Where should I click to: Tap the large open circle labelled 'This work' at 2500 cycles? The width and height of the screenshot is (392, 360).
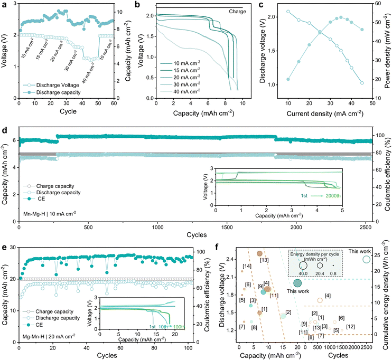pyautogui.click(x=366, y=259)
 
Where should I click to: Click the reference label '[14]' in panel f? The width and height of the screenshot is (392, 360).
pyautogui.click(x=246, y=266)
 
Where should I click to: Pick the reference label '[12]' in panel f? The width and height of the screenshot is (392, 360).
pyautogui.click(x=351, y=327)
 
